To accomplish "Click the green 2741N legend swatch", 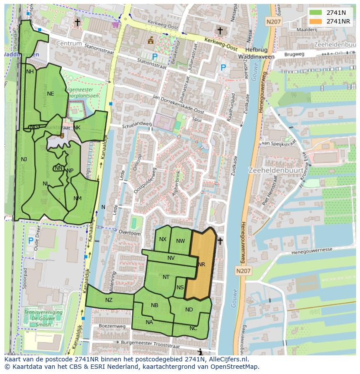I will click(x=316, y=13).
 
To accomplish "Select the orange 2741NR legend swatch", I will click(x=316, y=21).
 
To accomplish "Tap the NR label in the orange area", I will click(x=201, y=264).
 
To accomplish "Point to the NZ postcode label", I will click(x=109, y=300).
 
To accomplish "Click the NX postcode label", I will click(x=163, y=239).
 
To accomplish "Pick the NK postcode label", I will click(x=77, y=127).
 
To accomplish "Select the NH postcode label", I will click(x=30, y=72).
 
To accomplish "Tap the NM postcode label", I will click(x=77, y=199).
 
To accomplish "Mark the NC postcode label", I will click(x=193, y=328).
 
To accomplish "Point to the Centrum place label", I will click(x=69, y=44).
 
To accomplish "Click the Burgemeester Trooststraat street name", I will click(x=150, y=344).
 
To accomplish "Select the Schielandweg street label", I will click(x=137, y=124).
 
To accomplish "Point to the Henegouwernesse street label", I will click(x=311, y=250).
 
